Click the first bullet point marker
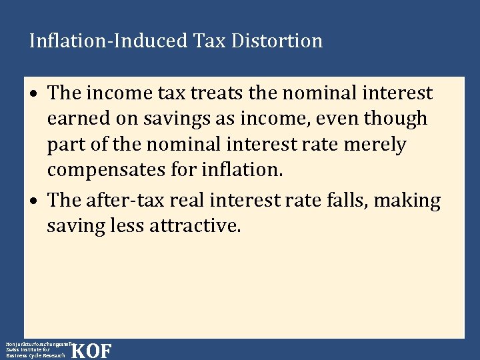(38, 94)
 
